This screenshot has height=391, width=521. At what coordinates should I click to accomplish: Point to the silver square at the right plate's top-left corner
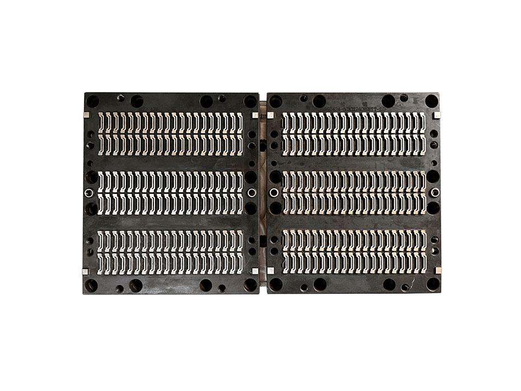[269, 116]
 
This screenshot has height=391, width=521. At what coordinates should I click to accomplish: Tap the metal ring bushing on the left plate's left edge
[87, 192]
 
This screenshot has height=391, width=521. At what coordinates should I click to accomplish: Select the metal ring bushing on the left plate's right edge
[251, 192]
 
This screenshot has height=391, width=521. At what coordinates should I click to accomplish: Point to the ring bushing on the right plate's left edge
[274, 193]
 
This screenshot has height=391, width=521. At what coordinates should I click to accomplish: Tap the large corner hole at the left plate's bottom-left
[91, 285]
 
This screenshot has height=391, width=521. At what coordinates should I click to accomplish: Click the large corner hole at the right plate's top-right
[431, 101]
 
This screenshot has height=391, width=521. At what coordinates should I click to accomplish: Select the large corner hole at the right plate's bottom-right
[432, 284]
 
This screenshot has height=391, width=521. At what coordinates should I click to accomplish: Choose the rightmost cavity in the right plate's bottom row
[420, 264]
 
